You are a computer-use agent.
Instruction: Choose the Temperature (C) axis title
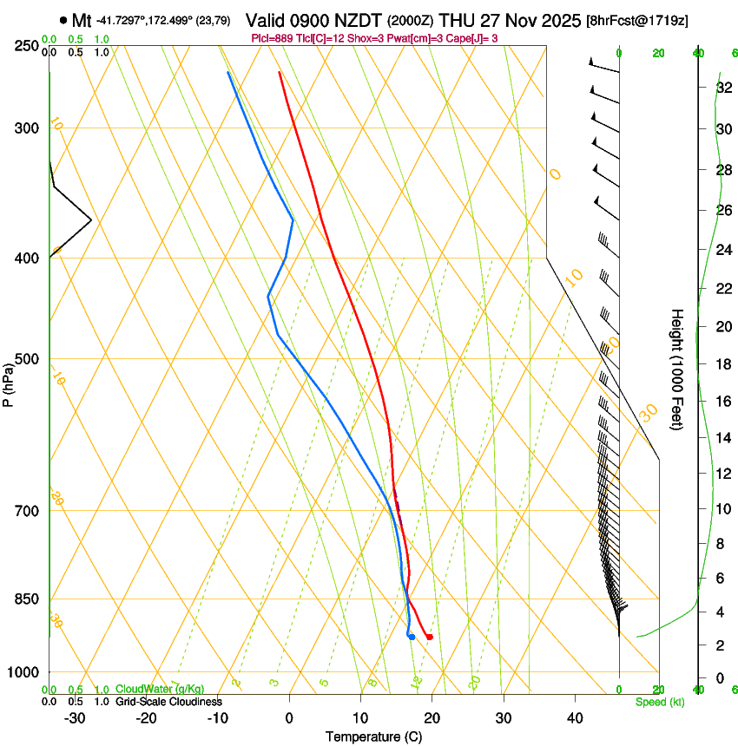point(373,736)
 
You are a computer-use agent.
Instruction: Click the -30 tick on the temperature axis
point(75,717)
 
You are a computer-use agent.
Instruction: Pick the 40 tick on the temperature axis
point(575,717)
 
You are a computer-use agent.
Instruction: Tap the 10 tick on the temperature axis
point(360,717)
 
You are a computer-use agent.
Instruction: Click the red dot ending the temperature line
point(429,638)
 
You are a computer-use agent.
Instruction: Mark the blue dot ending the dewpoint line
point(412,638)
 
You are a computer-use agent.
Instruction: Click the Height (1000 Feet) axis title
point(677,370)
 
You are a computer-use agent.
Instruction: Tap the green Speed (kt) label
point(659,702)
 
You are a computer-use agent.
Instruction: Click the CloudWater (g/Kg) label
point(161,690)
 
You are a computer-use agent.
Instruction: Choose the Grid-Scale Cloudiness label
point(168,702)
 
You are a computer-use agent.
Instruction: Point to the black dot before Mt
point(63,20)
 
